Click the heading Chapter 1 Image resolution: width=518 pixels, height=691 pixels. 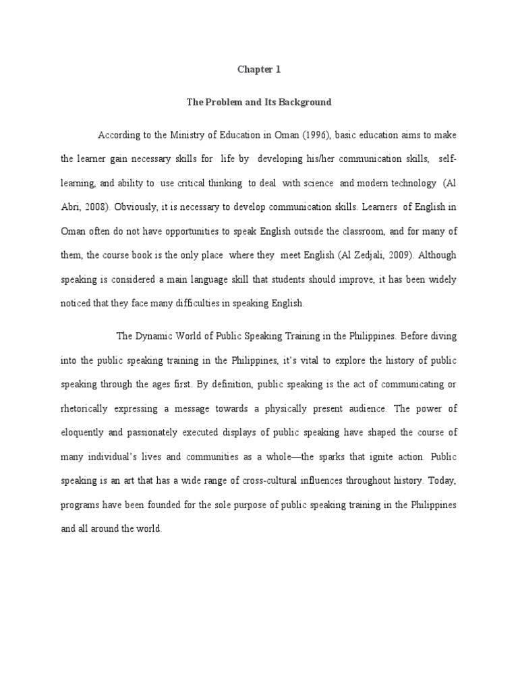[x=259, y=69]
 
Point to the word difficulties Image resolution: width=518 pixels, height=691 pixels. [x=185, y=304]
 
